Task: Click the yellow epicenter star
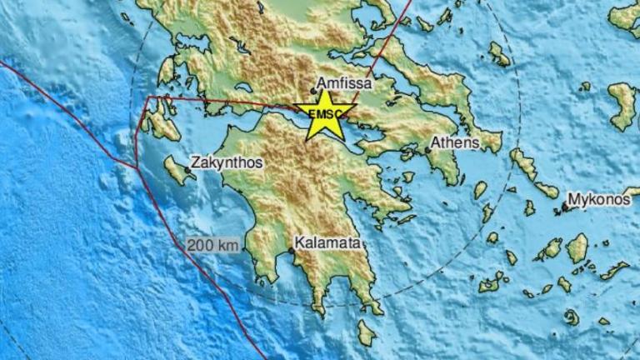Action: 324,116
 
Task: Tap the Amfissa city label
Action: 345,84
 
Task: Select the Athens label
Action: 456,142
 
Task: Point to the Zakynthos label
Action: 227,163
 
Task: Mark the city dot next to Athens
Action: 427,150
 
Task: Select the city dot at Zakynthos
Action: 188,169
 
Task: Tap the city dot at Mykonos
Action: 564,206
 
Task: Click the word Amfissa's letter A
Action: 322,84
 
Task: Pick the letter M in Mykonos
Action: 573,200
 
